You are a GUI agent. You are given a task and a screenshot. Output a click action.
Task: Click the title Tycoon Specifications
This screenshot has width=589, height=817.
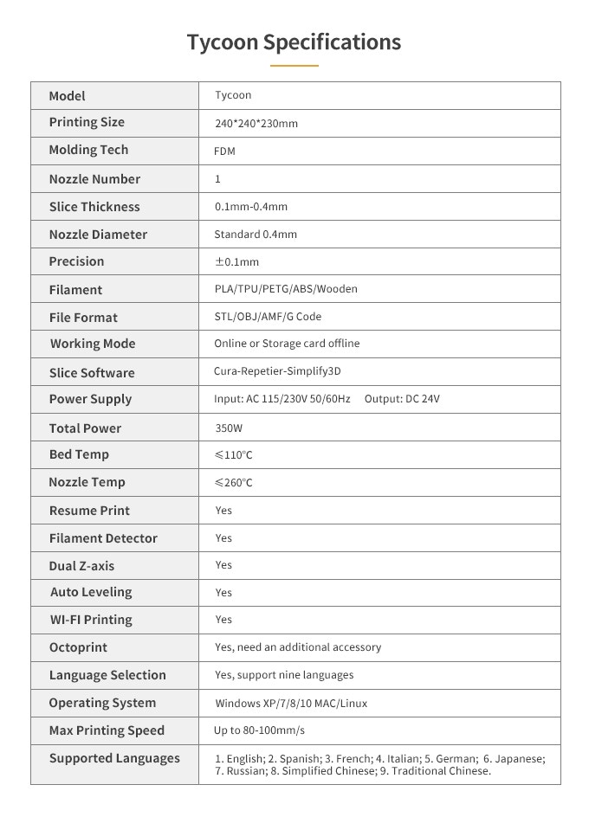(294, 42)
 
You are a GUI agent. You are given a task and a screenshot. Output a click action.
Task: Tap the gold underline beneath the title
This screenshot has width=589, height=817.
(294, 65)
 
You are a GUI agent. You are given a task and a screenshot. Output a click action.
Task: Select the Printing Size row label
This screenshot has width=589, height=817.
(87, 122)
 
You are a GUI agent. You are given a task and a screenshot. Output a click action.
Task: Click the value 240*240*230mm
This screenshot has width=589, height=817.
(256, 124)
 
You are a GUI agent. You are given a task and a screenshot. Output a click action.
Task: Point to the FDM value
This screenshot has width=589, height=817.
(224, 151)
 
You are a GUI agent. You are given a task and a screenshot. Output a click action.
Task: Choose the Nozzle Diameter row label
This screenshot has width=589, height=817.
(98, 235)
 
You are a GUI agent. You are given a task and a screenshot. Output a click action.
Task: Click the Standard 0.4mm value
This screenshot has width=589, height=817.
(256, 234)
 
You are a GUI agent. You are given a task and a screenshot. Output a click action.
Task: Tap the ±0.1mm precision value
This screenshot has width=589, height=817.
(236, 261)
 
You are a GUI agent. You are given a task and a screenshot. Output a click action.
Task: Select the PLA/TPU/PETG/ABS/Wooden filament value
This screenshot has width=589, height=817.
(286, 289)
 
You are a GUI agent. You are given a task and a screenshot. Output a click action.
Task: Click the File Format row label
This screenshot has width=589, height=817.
(83, 318)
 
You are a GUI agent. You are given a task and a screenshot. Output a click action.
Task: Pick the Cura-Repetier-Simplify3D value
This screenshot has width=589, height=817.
(277, 371)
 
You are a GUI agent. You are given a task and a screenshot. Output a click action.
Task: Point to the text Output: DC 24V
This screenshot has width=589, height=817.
(405, 399)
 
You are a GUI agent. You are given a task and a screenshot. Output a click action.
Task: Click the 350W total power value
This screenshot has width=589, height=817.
(229, 428)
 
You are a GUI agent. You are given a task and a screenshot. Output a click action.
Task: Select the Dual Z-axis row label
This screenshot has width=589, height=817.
(81, 566)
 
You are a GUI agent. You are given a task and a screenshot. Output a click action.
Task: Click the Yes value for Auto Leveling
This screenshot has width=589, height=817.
(223, 593)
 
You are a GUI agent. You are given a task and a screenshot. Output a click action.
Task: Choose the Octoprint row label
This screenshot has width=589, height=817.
(78, 647)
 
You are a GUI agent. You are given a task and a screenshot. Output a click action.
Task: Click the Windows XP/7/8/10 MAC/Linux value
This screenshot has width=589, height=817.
(291, 704)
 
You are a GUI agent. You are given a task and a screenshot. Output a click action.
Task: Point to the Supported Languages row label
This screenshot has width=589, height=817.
(114, 758)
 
